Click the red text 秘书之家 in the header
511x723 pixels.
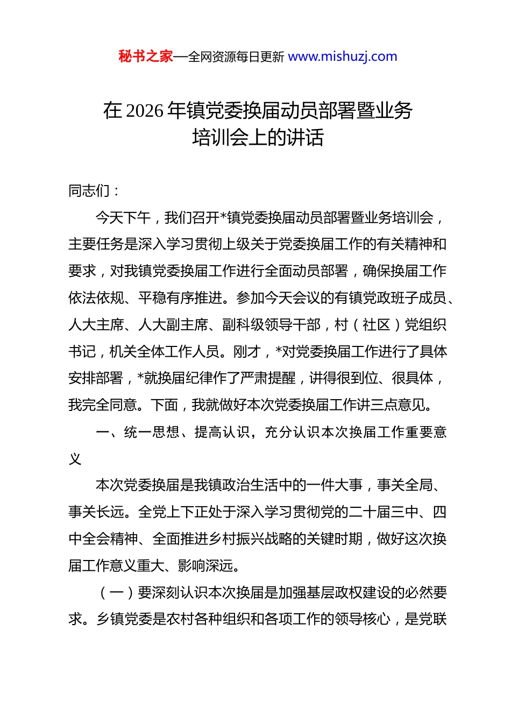(x=146, y=56)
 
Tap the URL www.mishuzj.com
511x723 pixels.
(x=343, y=56)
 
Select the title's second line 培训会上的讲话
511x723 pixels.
(x=258, y=138)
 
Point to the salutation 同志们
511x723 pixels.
(x=89, y=191)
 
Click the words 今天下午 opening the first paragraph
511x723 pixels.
(x=123, y=218)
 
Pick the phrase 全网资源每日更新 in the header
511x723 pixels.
(x=236, y=56)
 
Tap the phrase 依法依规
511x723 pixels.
(x=96, y=298)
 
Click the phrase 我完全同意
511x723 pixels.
(x=103, y=405)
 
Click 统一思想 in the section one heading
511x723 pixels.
(x=152, y=432)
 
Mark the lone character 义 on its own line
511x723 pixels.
(x=75, y=459)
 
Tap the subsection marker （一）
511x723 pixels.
(x=117, y=593)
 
